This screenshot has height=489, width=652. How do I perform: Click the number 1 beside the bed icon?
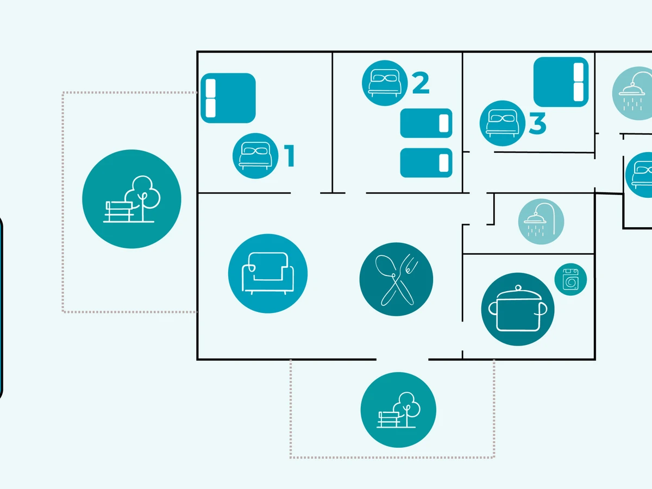click(290, 155)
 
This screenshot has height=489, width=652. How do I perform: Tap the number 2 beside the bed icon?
click(421, 83)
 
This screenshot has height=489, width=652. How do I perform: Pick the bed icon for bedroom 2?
click(384, 84)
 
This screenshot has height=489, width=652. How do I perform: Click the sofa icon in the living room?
click(268, 273)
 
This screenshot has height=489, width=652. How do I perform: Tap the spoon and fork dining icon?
click(396, 279)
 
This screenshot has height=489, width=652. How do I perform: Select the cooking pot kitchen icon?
click(518, 309)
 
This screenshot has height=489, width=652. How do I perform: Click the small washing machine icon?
click(570, 279)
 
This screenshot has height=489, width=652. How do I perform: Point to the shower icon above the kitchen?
click(541, 221)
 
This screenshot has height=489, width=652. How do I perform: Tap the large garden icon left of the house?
click(131, 199)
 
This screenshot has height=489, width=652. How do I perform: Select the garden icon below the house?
click(398, 410)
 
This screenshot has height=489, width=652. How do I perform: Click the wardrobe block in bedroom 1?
click(228, 98)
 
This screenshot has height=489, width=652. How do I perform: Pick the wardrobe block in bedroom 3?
click(561, 82)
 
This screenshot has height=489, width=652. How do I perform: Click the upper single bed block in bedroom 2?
click(427, 123)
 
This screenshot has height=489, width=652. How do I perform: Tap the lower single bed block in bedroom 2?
click(427, 163)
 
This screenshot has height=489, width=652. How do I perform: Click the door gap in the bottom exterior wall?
click(402, 359)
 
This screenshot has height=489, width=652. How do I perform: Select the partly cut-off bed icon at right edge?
click(640, 174)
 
